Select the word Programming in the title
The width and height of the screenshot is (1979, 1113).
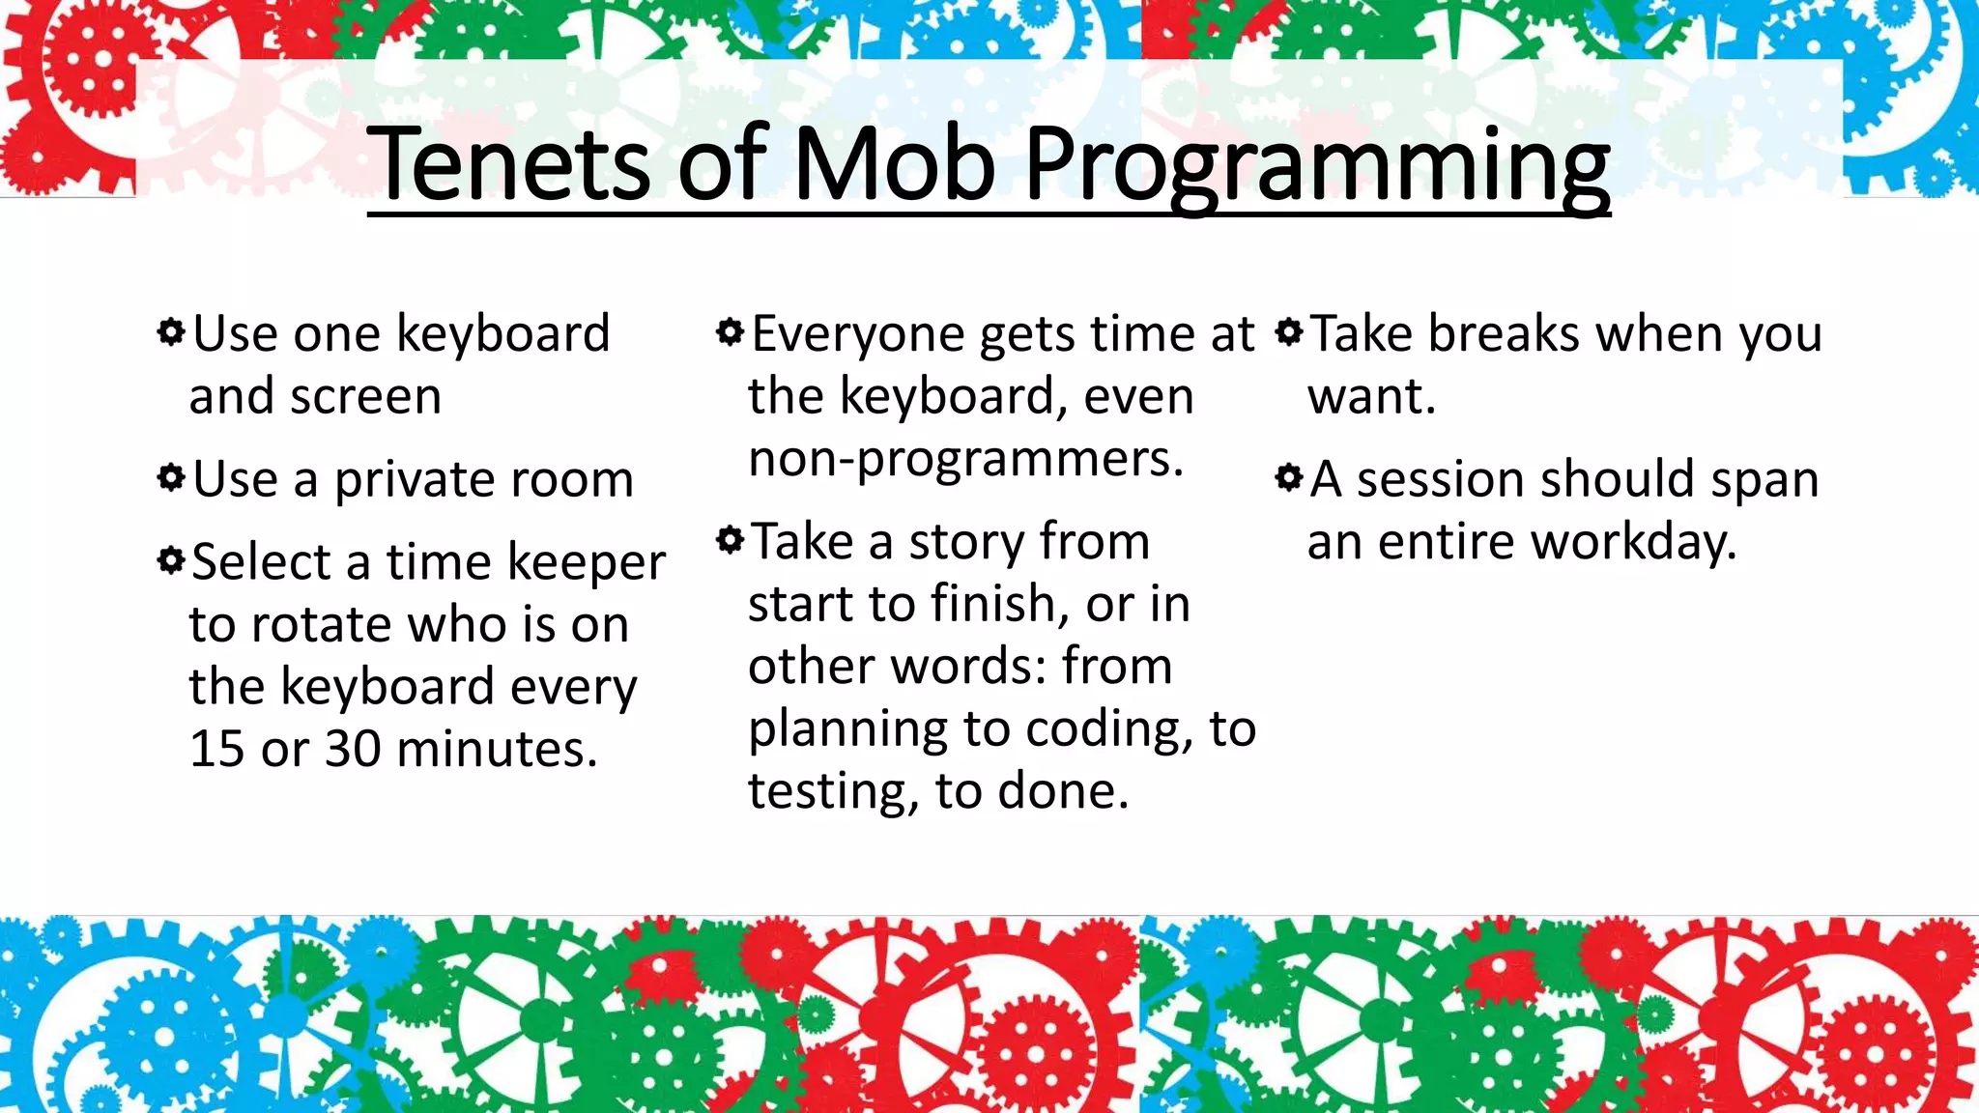1316,166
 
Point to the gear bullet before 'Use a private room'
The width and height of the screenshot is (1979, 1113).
171,478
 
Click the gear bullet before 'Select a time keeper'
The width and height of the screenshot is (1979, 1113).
171,560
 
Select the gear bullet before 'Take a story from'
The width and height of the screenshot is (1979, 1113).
731,540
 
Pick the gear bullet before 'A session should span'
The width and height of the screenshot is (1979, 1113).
1289,477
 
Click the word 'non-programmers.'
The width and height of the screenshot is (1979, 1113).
965,460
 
